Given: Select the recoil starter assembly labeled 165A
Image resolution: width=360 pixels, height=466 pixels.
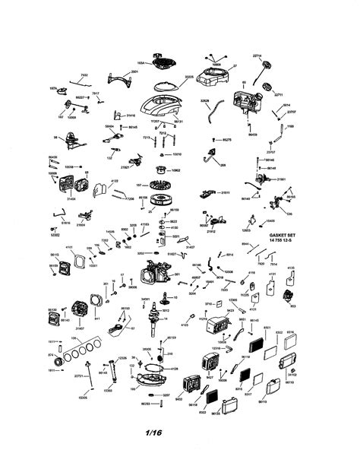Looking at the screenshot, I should (161, 59).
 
